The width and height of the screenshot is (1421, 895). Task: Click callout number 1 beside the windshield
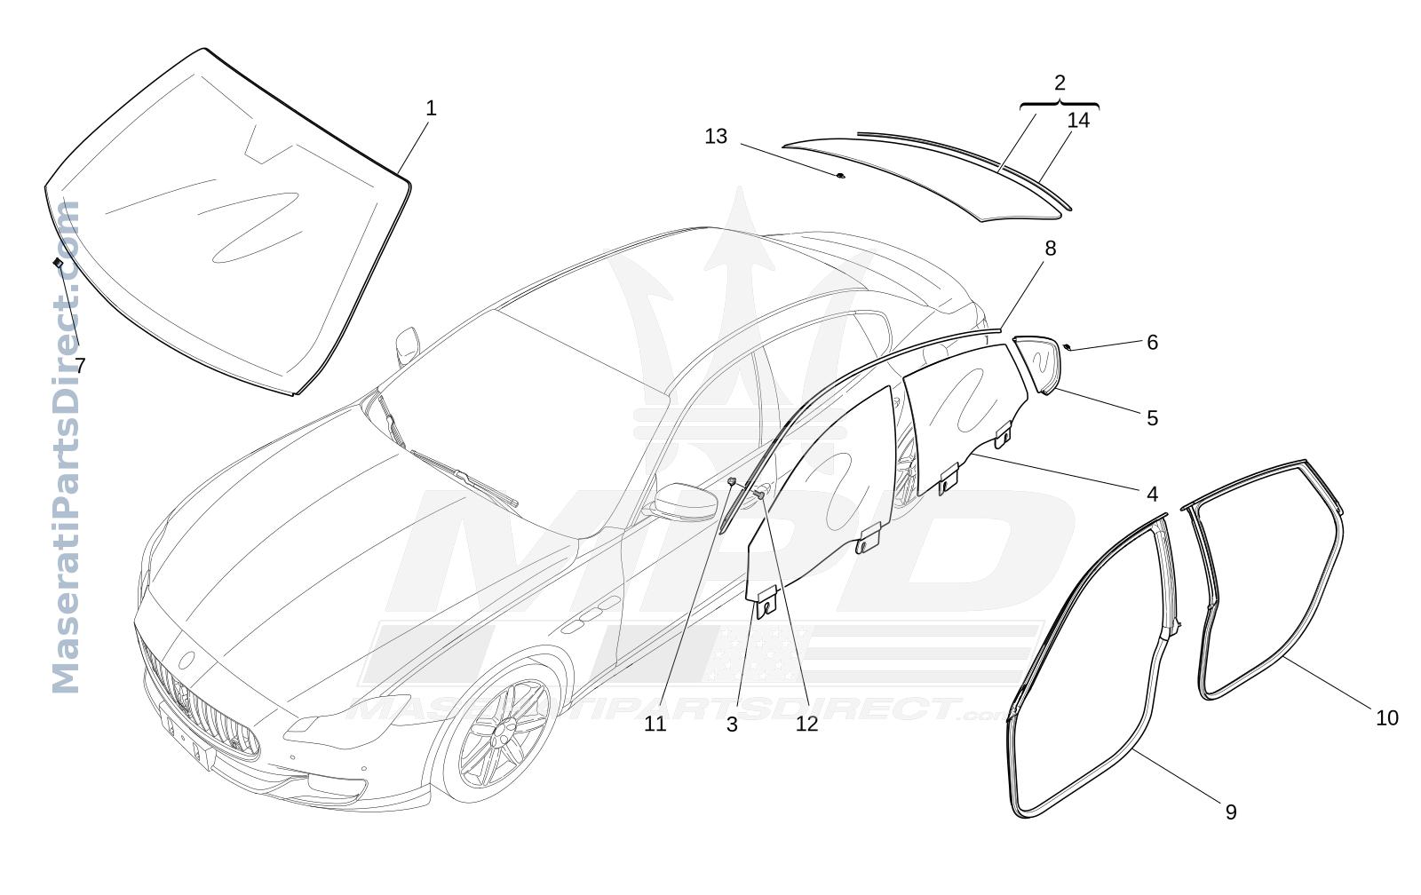(x=431, y=108)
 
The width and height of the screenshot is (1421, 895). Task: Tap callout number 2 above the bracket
(x=1060, y=83)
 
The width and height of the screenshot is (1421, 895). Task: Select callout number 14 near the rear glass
(x=1078, y=120)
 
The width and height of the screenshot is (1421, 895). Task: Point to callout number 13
(x=716, y=137)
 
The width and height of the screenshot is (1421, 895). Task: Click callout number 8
(x=1051, y=249)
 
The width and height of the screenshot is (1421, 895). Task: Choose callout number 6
(x=1153, y=343)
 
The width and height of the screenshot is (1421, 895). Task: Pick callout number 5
(x=1153, y=418)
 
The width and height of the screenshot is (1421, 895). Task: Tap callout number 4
(x=1153, y=495)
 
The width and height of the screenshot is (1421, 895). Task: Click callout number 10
(x=1387, y=718)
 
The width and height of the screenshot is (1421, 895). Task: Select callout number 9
(x=1231, y=812)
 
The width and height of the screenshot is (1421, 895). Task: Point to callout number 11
(x=655, y=724)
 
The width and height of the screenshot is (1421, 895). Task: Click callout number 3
(x=732, y=725)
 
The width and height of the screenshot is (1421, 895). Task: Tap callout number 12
(x=807, y=724)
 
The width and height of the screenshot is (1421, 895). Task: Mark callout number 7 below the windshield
(x=80, y=365)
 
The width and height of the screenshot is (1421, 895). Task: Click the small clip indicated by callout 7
(x=58, y=262)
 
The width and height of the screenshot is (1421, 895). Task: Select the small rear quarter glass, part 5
(x=1038, y=364)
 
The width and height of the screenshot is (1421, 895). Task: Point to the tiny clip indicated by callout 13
(x=840, y=175)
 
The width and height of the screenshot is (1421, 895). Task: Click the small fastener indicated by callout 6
(x=1067, y=347)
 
